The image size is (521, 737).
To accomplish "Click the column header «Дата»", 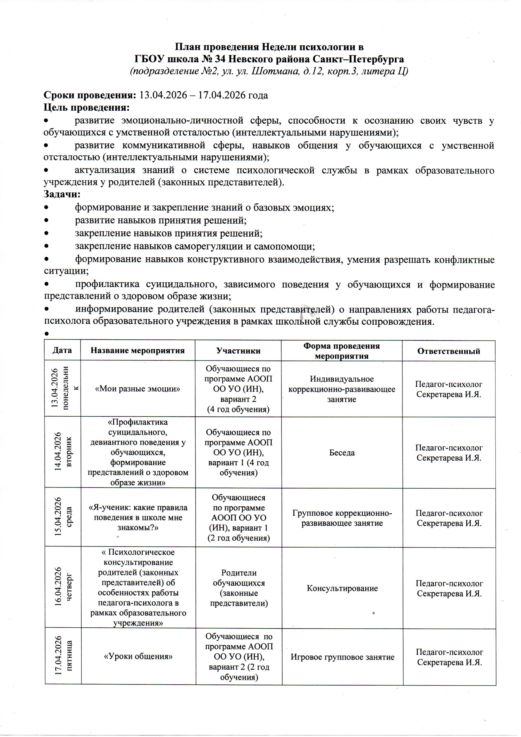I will click(x=62, y=350).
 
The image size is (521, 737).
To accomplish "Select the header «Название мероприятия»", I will click(x=138, y=350).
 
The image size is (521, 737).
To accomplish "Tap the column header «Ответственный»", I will click(x=449, y=351).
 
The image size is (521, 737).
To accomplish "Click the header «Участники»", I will click(x=238, y=351).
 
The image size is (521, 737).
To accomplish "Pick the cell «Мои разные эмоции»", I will click(x=138, y=389).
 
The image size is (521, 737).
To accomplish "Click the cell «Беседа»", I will click(x=342, y=453).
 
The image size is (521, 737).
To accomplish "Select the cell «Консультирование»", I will click(x=342, y=588).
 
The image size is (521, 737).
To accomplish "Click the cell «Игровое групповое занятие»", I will click(x=342, y=657).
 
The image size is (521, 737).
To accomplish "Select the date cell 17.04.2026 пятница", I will click(x=63, y=656).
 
